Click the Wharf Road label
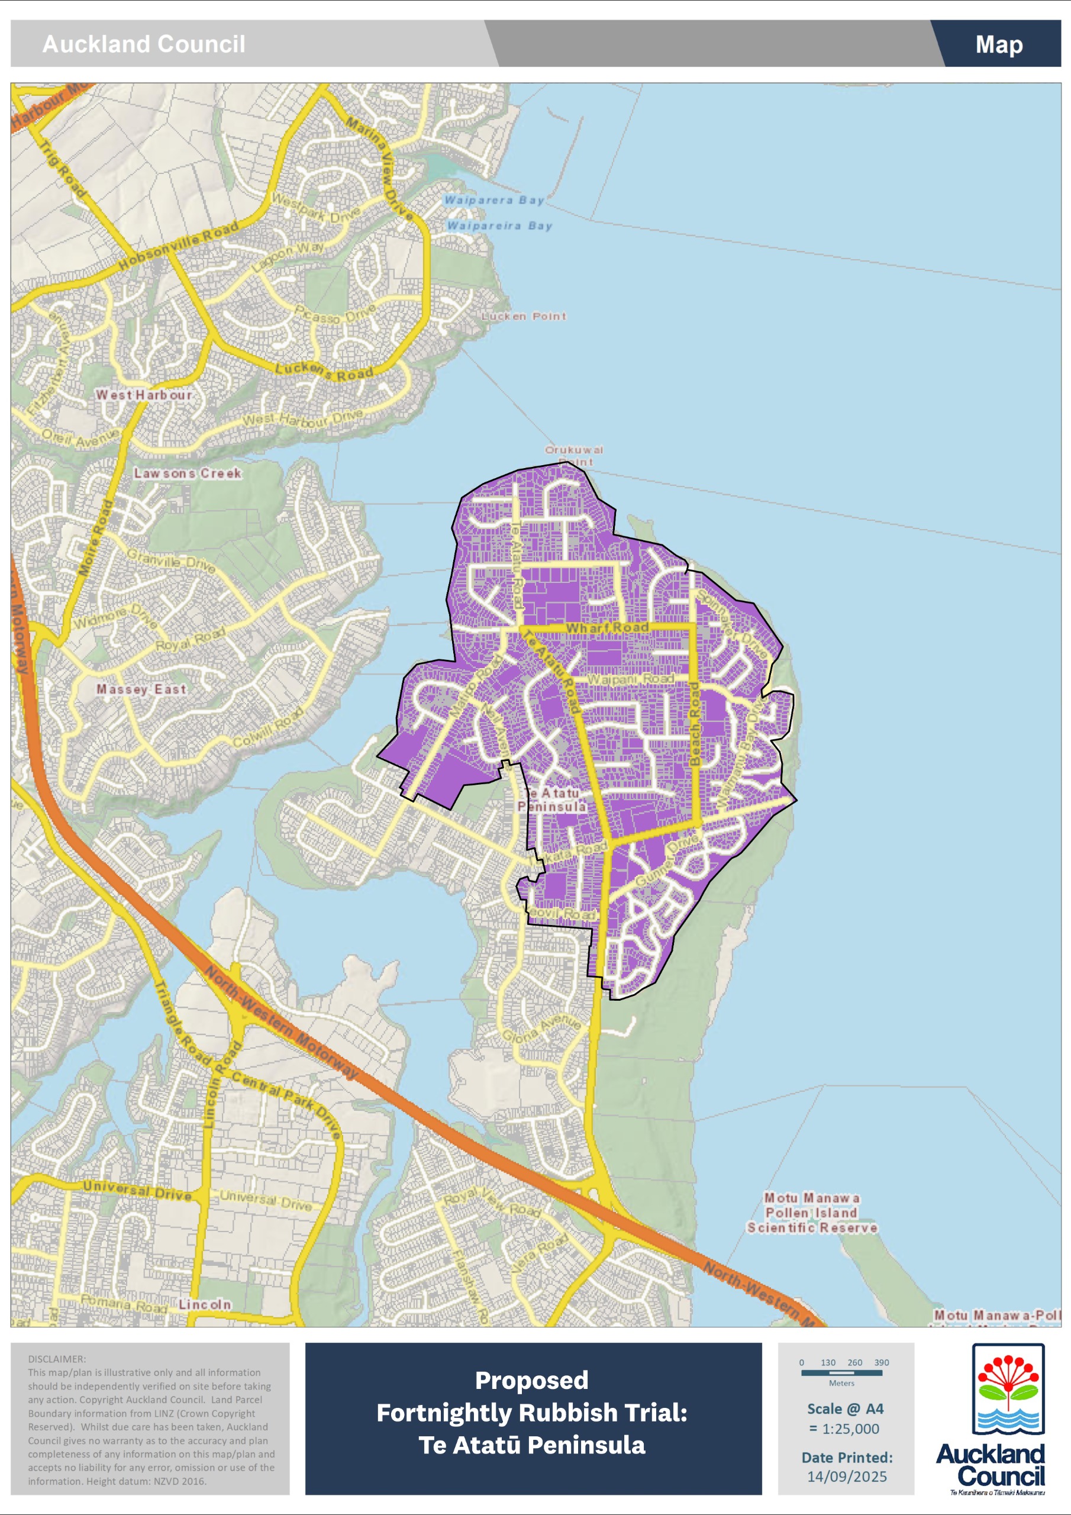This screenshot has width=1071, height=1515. point(607,627)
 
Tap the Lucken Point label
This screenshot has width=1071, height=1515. point(523,316)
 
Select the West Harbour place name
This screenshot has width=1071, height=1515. point(144,395)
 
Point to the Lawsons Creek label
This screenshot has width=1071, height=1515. point(188,473)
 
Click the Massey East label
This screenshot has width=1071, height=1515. point(141,689)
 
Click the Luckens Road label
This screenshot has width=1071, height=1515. point(324,371)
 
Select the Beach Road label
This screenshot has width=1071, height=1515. point(694,724)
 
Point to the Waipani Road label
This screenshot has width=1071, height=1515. point(630,678)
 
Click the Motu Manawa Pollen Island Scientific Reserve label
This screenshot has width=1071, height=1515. point(812,1213)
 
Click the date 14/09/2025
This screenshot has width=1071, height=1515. point(847,1477)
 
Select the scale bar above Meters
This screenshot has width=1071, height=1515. point(841,1372)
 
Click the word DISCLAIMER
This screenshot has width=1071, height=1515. point(57,1359)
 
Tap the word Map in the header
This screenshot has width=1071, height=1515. point(998,44)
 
